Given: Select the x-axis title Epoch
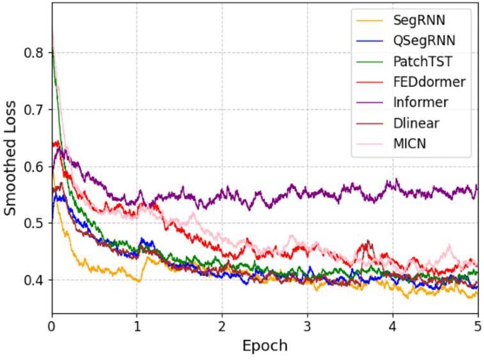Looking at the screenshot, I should (x=265, y=347).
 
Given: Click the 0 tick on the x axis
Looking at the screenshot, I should (x=52, y=327).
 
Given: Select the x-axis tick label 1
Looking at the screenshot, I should (x=137, y=327).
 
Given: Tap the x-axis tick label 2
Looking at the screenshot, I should (x=223, y=327).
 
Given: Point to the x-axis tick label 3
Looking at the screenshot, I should (x=307, y=327).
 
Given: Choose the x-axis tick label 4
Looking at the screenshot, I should (x=393, y=327).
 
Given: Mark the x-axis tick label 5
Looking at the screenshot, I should (x=478, y=327).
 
